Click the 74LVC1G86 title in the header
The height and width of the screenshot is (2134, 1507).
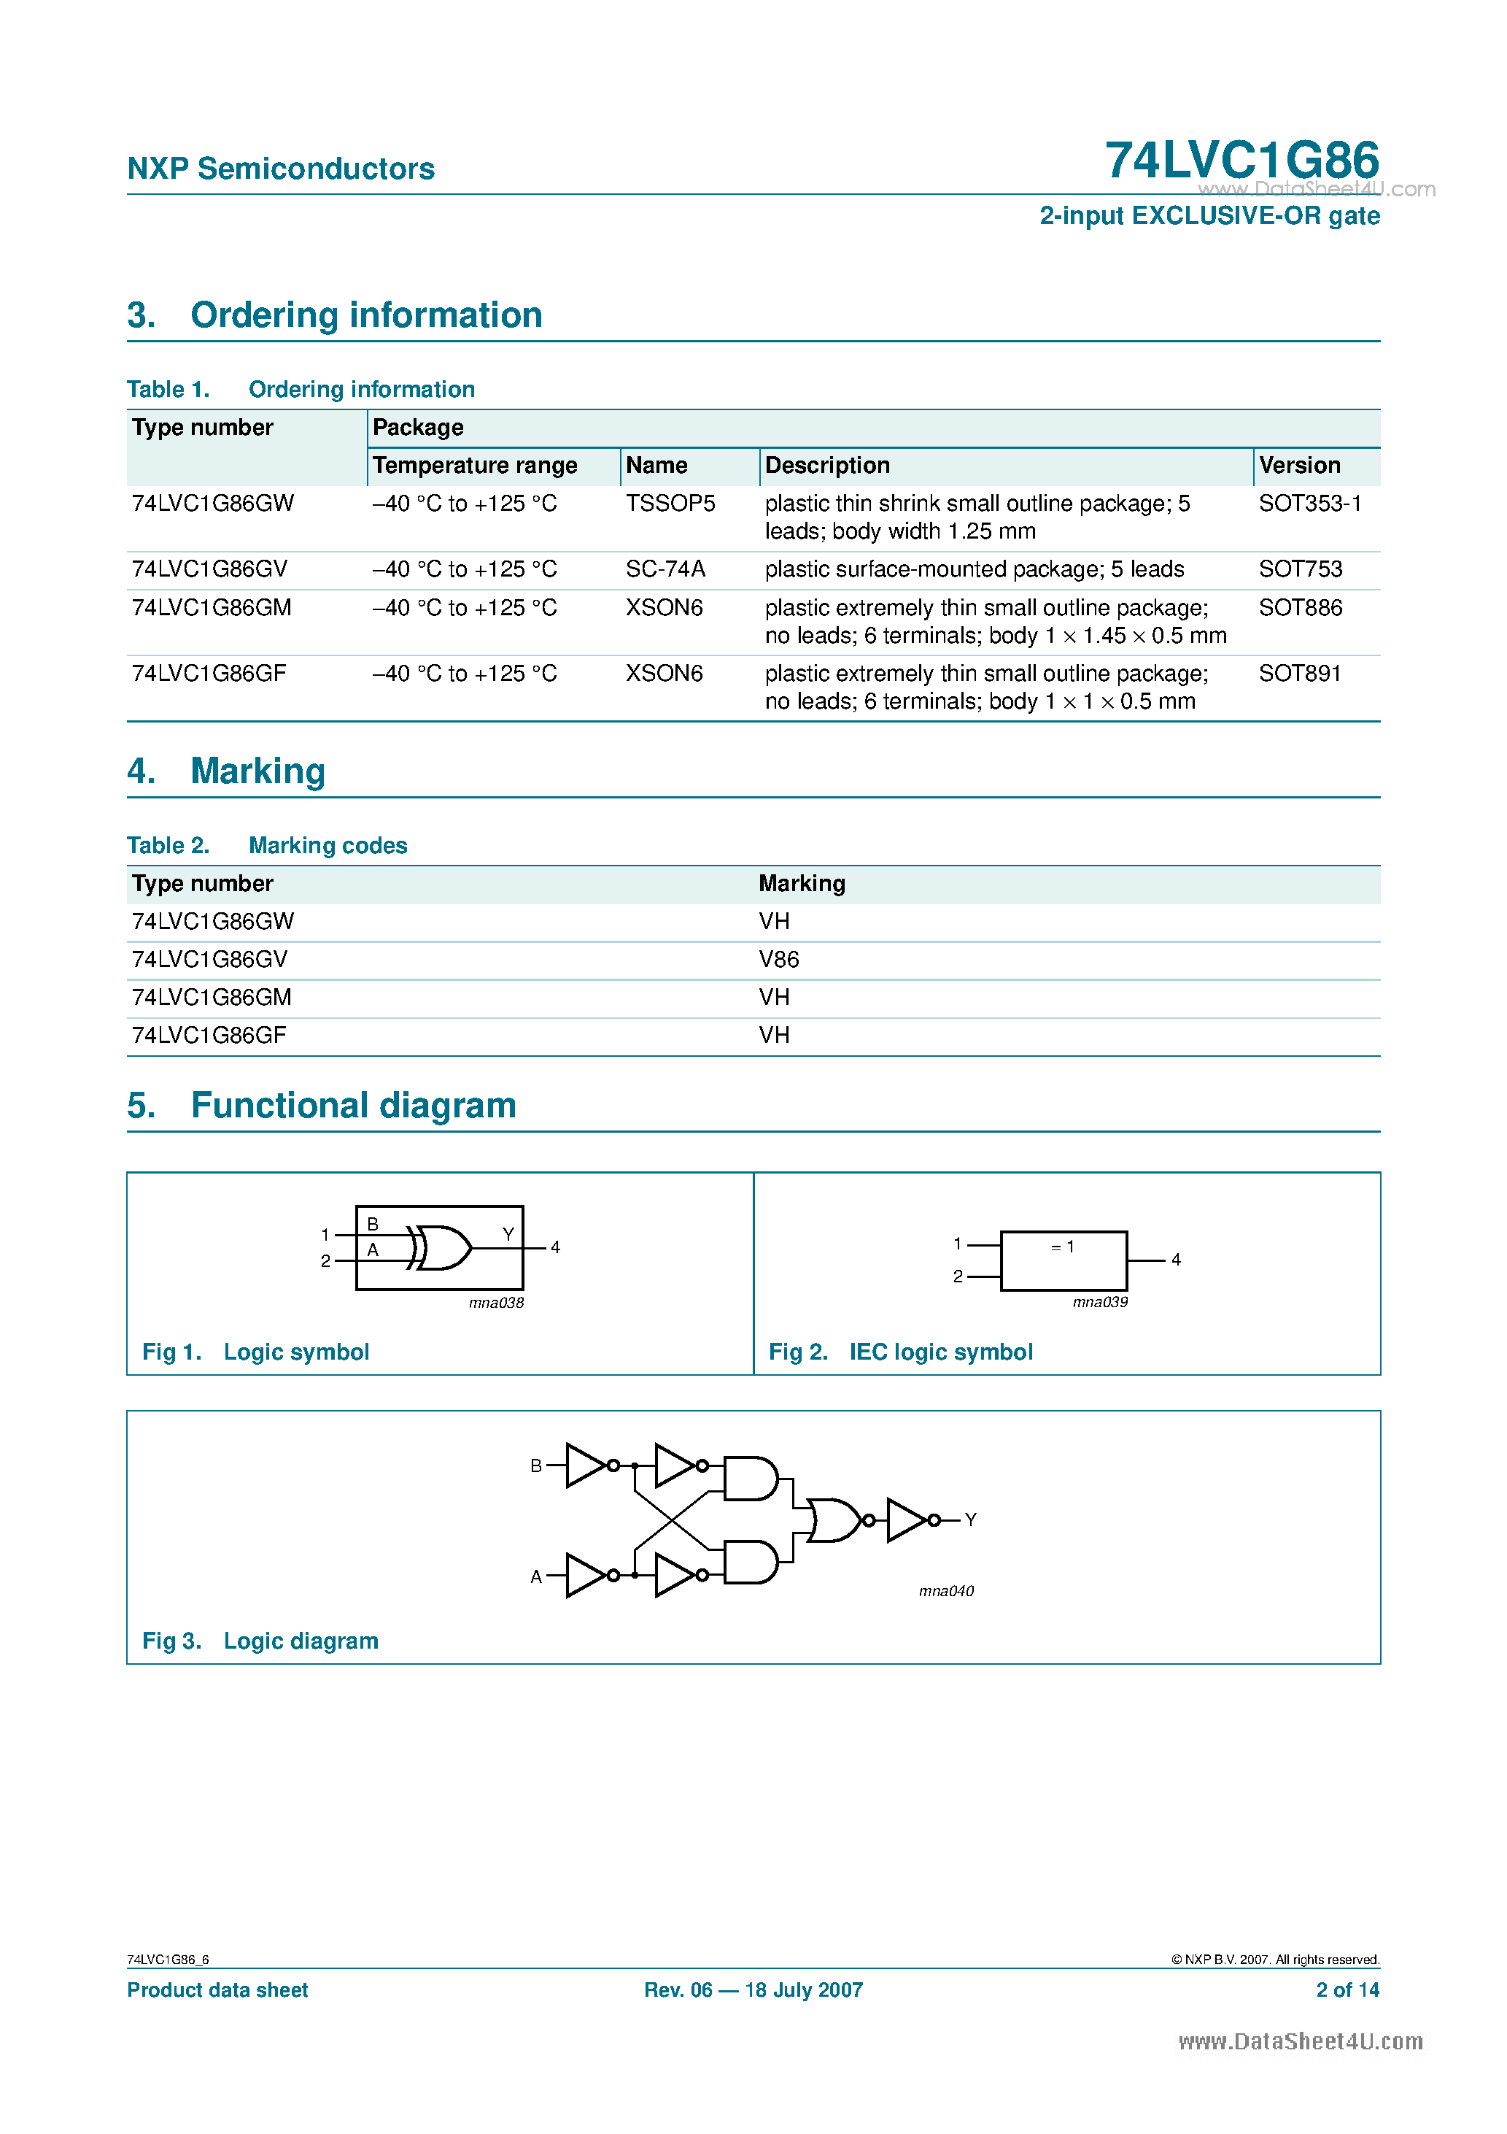pyautogui.click(x=1241, y=160)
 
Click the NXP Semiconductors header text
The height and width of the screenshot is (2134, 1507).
pyautogui.click(x=281, y=169)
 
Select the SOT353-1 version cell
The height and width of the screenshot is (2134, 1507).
pyautogui.click(x=1309, y=503)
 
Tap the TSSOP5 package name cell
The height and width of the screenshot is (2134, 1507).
pyautogui.click(x=670, y=503)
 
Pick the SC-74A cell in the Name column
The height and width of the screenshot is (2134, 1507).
pyautogui.click(x=665, y=569)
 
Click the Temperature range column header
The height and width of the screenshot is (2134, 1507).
pyautogui.click(x=475, y=465)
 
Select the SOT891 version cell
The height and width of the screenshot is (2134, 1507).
pyautogui.click(x=1299, y=673)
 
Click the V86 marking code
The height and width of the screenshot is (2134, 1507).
pyautogui.click(x=778, y=959)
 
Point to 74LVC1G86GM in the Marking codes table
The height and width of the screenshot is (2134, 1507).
pyautogui.click(x=212, y=997)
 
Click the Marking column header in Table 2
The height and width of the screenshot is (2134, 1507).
pyautogui.click(x=802, y=883)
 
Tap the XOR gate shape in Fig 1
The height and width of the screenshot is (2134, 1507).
pyautogui.click(x=443, y=1247)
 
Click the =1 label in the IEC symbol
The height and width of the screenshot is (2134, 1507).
pyautogui.click(x=1062, y=1247)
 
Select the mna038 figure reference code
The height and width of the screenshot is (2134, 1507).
pyautogui.click(x=496, y=1303)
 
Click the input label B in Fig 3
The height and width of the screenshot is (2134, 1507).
pyautogui.click(x=536, y=1465)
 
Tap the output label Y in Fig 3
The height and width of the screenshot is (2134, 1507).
pyautogui.click(x=970, y=1519)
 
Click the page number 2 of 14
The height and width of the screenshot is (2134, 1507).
pyautogui.click(x=1347, y=1990)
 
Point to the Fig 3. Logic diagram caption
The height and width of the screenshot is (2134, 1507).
pyautogui.click(x=260, y=1641)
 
